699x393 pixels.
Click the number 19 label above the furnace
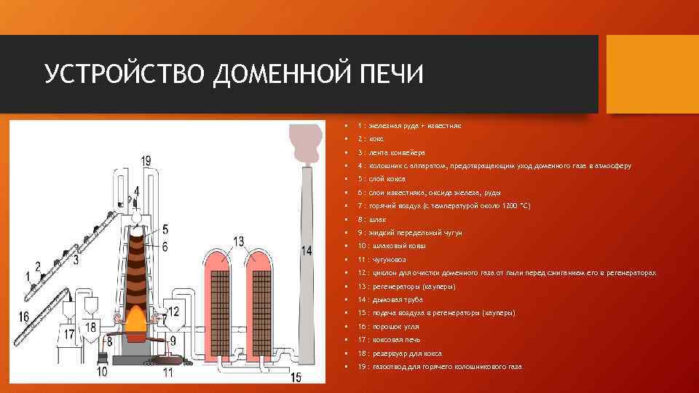147,160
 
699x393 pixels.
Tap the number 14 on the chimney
307,250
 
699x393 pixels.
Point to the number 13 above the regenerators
239,240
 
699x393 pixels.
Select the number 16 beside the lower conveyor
25,317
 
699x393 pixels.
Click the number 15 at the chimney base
296,376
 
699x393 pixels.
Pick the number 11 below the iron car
168,373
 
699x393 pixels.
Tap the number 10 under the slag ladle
102,372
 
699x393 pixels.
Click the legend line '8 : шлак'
372,219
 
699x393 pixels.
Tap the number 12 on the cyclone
173,311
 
